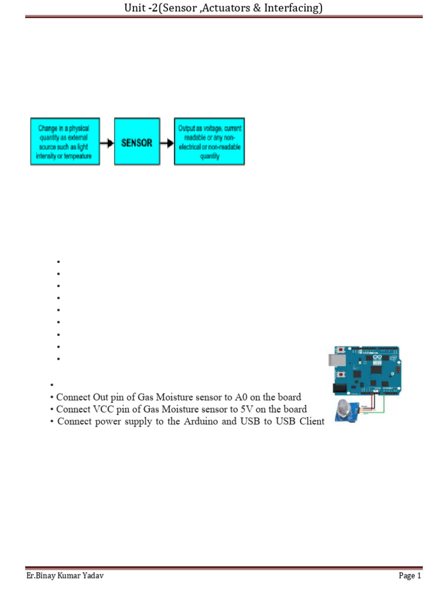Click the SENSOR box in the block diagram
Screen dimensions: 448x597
point(137,143)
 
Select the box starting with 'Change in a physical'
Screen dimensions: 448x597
point(65,142)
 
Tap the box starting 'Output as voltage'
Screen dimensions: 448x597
point(210,142)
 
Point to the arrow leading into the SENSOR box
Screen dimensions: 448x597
point(106,143)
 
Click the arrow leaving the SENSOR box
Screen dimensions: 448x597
point(167,143)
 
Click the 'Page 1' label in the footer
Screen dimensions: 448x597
point(409,576)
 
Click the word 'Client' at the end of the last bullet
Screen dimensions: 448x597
point(311,422)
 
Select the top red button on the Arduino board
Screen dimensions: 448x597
point(340,350)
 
